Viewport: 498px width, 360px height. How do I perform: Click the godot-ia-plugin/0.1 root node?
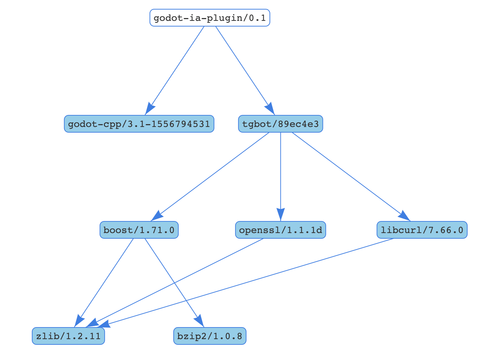click(210, 18)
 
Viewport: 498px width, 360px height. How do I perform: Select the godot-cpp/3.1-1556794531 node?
click(139, 124)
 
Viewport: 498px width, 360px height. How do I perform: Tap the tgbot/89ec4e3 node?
click(280, 124)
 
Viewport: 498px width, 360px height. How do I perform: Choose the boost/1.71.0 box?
click(139, 230)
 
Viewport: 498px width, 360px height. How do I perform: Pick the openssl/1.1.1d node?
click(280, 230)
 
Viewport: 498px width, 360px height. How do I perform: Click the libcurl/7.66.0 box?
click(422, 230)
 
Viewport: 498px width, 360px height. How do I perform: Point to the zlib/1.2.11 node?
click(68, 336)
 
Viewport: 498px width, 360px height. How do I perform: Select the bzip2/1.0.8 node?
click(210, 336)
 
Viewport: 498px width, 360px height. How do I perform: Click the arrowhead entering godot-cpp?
click(150, 109)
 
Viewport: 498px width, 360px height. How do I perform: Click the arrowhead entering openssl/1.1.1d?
click(280, 214)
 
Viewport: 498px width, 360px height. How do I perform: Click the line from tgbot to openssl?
click(280, 170)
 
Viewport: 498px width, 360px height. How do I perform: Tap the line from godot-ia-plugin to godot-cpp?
click(177, 67)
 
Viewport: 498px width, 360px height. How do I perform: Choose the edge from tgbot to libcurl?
click(347, 173)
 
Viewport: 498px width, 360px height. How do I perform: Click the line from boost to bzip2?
click(172, 279)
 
